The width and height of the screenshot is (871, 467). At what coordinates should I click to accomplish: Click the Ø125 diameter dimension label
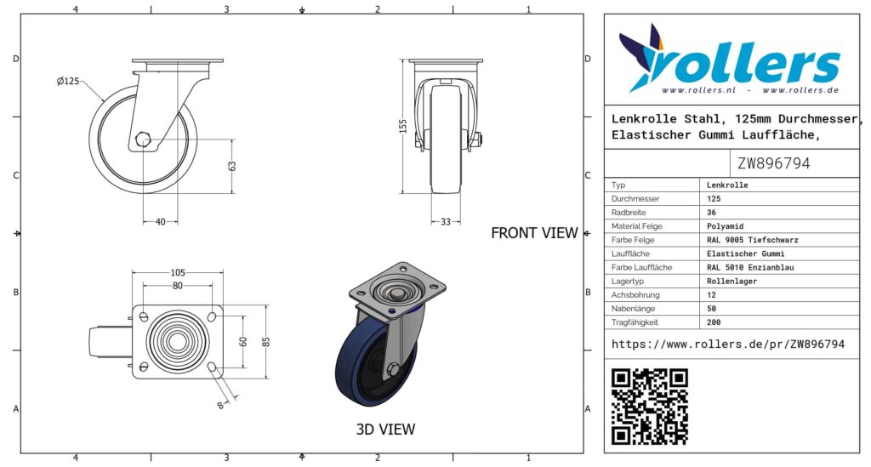pos(68,82)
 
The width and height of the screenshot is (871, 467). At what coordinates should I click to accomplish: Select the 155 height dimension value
pos(403,124)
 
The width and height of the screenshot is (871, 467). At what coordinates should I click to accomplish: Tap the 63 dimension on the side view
pos(231,166)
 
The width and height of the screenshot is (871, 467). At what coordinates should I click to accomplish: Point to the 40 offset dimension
pos(161,222)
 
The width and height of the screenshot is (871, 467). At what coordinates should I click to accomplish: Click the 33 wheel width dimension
pos(446,222)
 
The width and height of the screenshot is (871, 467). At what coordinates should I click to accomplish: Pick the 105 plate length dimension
pos(177,272)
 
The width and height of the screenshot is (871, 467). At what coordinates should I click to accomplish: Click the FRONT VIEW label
pos(534,233)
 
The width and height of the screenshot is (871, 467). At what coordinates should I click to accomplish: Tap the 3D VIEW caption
pos(385,430)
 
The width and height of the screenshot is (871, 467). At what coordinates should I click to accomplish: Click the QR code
pos(650,406)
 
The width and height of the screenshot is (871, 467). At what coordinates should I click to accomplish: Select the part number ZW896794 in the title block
pos(773,163)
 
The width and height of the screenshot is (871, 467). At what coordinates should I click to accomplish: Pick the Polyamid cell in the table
pos(726,226)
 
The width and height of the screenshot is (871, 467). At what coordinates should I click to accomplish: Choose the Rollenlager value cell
pos(732,281)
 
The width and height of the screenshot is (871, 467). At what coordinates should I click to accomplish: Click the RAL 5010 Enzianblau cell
pos(746,267)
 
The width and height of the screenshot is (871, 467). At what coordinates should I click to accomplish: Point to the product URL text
pos(728,345)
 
